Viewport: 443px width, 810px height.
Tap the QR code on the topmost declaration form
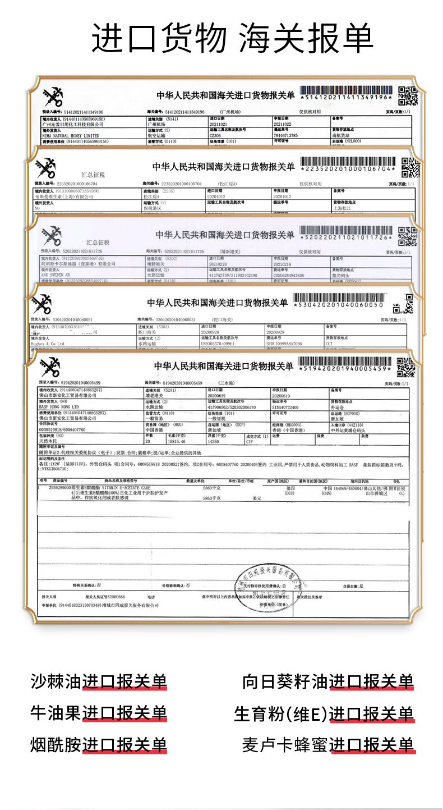pos(408,96)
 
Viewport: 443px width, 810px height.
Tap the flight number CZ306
pos(217,135)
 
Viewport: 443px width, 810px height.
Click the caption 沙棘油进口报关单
pos(99,681)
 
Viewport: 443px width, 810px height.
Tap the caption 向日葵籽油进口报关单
pos(328,681)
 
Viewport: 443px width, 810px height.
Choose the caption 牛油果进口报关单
pos(99,713)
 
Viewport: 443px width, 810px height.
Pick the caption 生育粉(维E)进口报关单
pos(324,714)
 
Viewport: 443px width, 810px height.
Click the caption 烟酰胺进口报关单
pos(99,745)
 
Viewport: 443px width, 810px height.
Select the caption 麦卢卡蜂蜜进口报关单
pos(328,745)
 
